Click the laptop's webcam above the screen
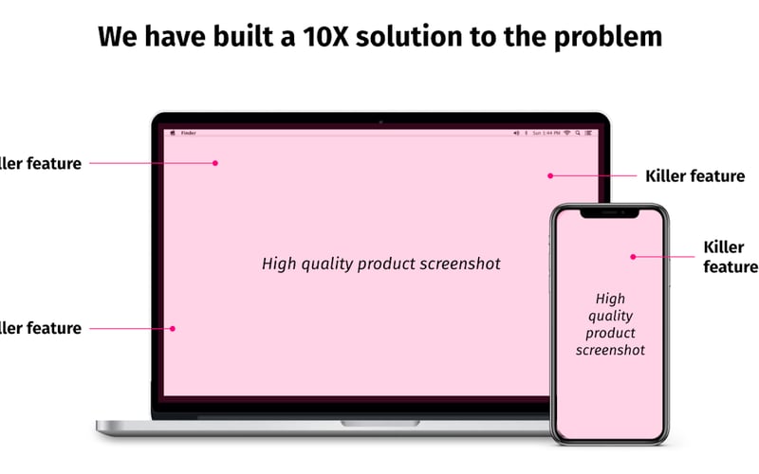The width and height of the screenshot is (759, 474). tap(380, 121)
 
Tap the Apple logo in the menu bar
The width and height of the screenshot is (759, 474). tap(172, 134)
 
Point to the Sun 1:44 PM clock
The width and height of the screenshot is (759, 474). tap(546, 134)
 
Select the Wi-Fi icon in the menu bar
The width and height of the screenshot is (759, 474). tap(566, 134)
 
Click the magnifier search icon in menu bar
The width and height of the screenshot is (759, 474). tap(577, 134)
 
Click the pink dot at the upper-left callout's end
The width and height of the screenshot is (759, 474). tap(215, 163)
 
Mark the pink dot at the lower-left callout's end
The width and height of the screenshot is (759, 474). tap(173, 329)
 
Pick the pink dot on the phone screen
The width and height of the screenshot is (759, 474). tap(633, 256)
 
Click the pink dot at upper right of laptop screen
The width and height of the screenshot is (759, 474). tap(549, 175)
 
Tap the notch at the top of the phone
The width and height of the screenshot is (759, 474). tap(609, 213)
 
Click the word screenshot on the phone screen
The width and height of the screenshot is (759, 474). tap(609, 350)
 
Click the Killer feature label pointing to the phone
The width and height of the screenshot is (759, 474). tap(730, 257)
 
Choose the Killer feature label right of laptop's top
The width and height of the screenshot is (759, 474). tap(694, 176)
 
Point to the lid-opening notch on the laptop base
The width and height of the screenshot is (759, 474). tap(380, 422)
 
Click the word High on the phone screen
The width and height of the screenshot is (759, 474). tap(610, 299)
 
